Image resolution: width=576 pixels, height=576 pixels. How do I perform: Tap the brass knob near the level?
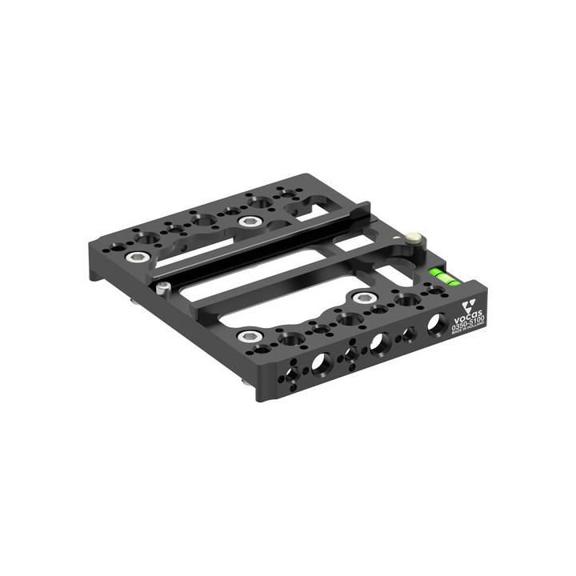click(414, 238)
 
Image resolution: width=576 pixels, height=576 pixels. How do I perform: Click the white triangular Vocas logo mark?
click(470, 304)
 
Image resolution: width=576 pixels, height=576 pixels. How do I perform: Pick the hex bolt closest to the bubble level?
click(364, 298)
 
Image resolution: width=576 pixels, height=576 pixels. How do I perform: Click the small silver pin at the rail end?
click(163, 287)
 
